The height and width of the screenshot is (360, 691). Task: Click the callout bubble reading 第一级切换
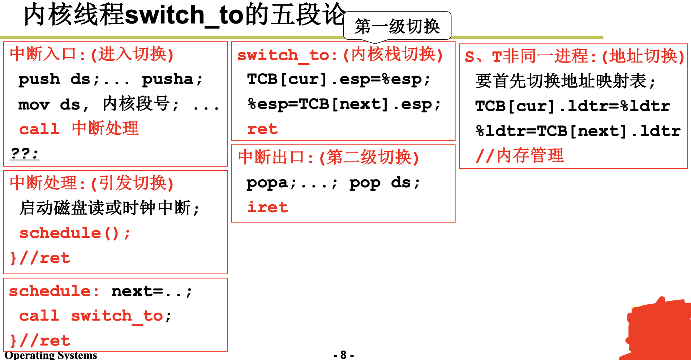click(x=397, y=26)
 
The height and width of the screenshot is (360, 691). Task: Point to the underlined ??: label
click(x=24, y=153)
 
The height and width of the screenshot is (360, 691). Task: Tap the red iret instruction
click(x=267, y=207)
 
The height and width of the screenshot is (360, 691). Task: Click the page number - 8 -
click(x=343, y=355)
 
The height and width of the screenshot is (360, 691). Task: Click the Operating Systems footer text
click(x=51, y=355)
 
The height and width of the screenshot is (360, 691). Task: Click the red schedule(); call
click(x=74, y=233)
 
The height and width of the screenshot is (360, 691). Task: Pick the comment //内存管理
click(x=519, y=156)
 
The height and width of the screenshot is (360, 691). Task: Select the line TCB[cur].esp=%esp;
click(x=339, y=79)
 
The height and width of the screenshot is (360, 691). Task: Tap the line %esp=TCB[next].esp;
click(x=344, y=104)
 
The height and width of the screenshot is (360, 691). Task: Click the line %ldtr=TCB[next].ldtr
click(x=578, y=131)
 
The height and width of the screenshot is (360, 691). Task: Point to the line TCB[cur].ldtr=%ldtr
click(x=572, y=106)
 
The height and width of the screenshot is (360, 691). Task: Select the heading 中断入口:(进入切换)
click(x=92, y=54)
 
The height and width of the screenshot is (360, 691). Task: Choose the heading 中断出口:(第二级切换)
click(x=328, y=157)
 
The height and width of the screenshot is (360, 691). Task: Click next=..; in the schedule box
click(x=152, y=291)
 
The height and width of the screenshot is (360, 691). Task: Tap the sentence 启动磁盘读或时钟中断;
click(x=109, y=208)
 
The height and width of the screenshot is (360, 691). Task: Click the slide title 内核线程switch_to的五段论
click(x=184, y=15)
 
